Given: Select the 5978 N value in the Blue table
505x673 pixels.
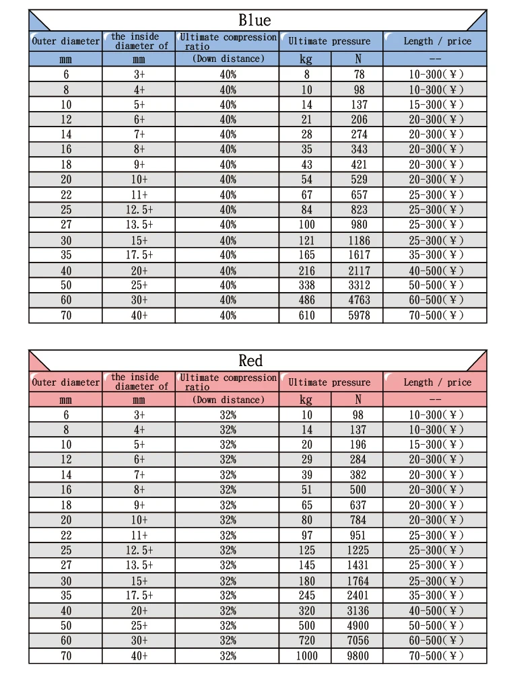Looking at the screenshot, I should click(358, 315).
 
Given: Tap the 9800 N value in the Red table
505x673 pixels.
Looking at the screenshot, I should click(358, 656).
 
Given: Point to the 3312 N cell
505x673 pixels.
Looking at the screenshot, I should click(358, 285).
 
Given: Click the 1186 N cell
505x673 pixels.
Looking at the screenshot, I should click(358, 240).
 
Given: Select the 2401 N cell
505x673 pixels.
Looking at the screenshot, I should click(358, 596).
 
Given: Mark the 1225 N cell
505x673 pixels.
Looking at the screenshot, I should click(358, 551).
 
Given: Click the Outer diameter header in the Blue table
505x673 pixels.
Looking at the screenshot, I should click(65, 42).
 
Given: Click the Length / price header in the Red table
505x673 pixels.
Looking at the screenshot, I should click(437, 382).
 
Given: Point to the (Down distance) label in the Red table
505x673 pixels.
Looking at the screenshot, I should click(228, 400).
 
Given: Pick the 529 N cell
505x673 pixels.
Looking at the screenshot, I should click(358, 180).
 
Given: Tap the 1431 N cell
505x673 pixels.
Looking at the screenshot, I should click(358, 565).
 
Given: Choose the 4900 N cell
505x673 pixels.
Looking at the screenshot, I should click(358, 626).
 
